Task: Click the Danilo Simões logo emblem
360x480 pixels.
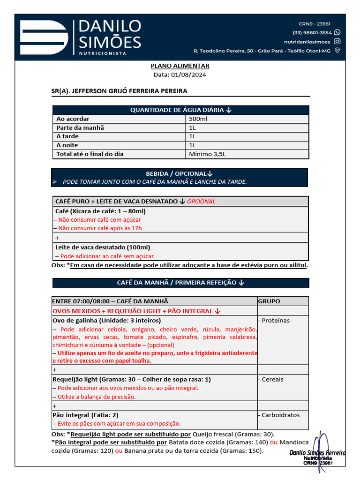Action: click(44, 37)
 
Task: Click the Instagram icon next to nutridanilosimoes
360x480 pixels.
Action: click(337, 42)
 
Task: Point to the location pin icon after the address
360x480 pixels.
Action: click(337, 51)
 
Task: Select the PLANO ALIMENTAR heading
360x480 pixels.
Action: click(180, 66)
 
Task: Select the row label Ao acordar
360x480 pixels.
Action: click(73, 119)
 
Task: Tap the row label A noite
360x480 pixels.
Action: click(67, 145)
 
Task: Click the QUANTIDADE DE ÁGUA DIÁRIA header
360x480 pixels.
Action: click(180, 110)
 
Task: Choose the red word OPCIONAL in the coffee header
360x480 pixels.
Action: click(201, 202)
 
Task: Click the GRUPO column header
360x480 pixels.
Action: click(269, 301)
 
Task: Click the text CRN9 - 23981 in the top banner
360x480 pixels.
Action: click(315, 24)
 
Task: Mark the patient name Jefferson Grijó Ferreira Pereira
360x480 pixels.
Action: click(119, 91)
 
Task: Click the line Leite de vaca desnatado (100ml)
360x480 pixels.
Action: click(103, 247)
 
